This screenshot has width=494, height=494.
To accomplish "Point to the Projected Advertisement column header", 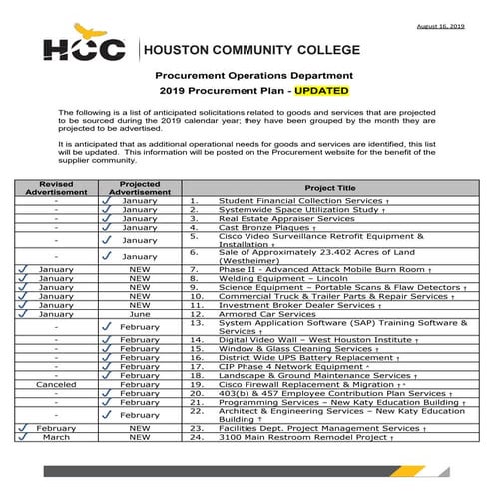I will [139, 187].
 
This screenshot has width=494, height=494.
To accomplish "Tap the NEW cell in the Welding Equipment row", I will [140, 279].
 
